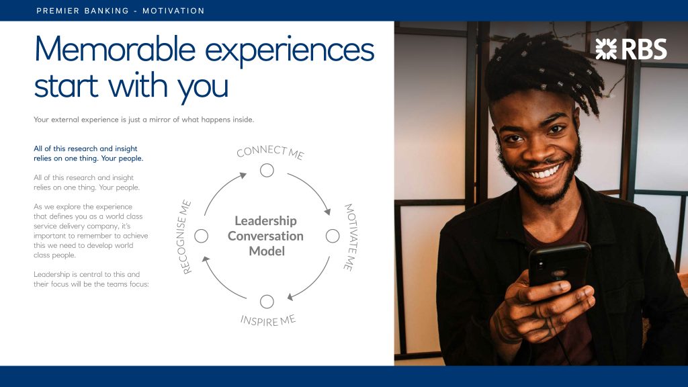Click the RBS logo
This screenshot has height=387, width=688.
pyautogui.click(x=631, y=48)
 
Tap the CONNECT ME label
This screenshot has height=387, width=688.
pyautogui.click(x=270, y=152)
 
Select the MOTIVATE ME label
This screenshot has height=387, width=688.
pyautogui.click(x=349, y=237)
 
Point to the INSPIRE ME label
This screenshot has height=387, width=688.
pyautogui.click(x=267, y=320)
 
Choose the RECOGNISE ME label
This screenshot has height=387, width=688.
pyautogui.click(x=186, y=237)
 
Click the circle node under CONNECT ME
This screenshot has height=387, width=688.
pyautogui.click(x=267, y=170)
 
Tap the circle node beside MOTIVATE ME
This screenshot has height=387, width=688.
pyautogui.click(x=333, y=236)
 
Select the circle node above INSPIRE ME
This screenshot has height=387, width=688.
pyautogui.click(x=267, y=302)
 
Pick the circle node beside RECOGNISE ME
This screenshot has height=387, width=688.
pyautogui.click(x=201, y=236)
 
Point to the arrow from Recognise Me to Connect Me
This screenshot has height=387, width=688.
pyautogui.click(x=220, y=189)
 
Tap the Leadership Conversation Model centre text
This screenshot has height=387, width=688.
pyautogui.click(x=266, y=236)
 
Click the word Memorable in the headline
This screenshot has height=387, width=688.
pyautogui.click(x=115, y=48)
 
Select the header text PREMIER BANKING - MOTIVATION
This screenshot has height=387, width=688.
pyautogui.click(x=121, y=11)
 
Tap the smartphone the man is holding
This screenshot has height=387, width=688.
pyautogui.click(x=559, y=267)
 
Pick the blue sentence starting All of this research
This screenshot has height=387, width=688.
pyautogui.click(x=89, y=153)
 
